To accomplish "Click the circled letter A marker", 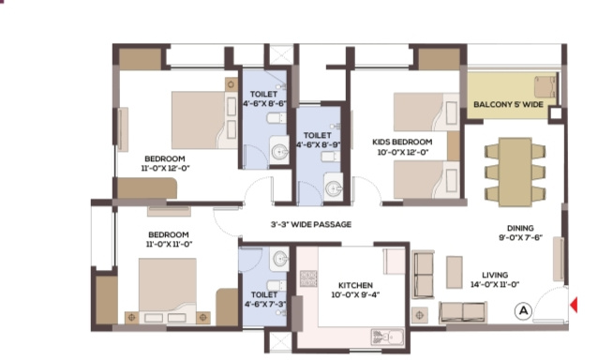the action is (x=523, y=310).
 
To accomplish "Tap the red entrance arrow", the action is (x=574, y=305).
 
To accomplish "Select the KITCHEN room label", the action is (x=355, y=285).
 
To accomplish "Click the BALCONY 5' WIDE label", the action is (x=508, y=104).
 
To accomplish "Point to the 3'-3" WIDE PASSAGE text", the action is (x=311, y=224).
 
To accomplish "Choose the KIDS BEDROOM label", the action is (x=402, y=142).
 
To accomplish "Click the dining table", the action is (x=516, y=172).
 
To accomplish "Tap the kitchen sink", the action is (x=387, y=337).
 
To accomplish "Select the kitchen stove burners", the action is (x=308, y=278).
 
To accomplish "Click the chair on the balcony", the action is (x=545, y=87).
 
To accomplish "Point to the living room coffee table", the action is (x=455, y=273).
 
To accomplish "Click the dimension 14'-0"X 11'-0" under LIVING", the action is (x=495, y=285).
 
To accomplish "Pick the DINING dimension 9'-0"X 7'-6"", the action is (x=520, y=237).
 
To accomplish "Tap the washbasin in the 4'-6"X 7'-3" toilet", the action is (x=280, y=259).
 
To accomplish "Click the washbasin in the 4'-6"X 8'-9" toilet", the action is (x=334, y=188).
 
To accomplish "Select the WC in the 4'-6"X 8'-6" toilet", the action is (x=277, y=117).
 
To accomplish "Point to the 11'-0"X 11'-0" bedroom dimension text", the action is (x=169, y=245).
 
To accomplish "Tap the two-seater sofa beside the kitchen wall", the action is (x=423, y=275).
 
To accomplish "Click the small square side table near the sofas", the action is (x=420, y=315).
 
